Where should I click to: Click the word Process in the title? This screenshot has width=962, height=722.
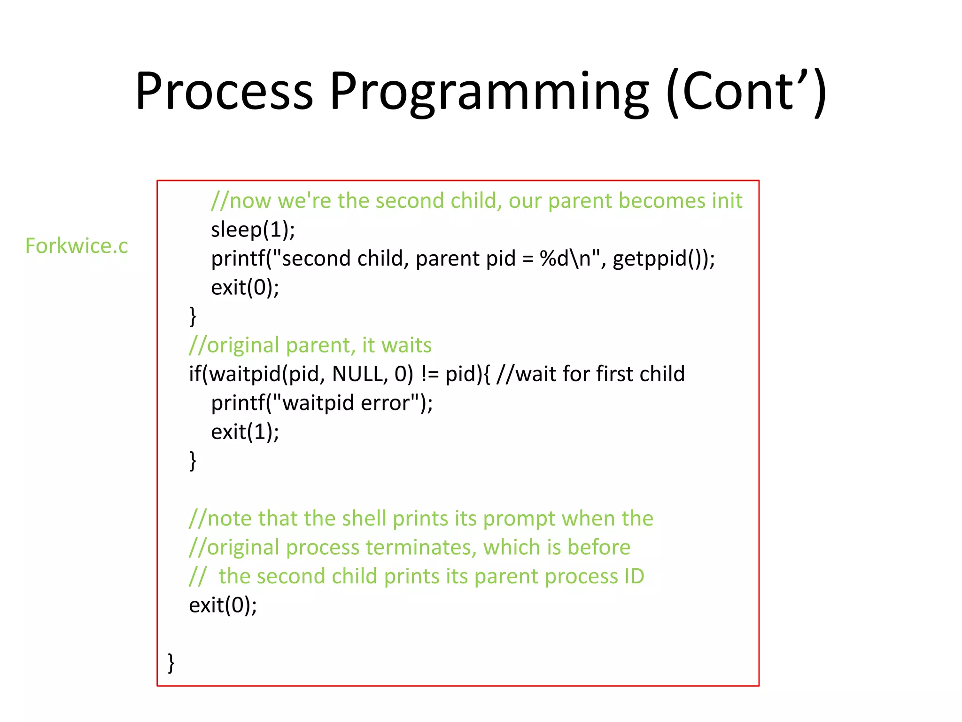[x=224, y=92]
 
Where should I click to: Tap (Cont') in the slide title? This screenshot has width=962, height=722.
[x=746, y=93]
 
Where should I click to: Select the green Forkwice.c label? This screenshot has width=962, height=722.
[x=77, y=246]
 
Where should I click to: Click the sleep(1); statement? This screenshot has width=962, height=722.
[x=253, y=230]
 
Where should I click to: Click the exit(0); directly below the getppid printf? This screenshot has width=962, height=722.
[x=245, y=288]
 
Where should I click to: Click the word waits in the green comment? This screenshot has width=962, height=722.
[x=406, y=345]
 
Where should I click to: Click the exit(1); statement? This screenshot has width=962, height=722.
[x=245, y=432]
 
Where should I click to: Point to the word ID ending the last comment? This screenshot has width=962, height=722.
[x=634, y=576]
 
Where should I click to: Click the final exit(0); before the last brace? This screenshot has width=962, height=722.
[x=223, y=605]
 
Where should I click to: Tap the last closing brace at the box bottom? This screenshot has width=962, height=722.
[x=171, y=663]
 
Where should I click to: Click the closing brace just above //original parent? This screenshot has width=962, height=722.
[x=193, y=316]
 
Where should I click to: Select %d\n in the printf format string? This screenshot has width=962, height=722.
[x=565, y=259]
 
